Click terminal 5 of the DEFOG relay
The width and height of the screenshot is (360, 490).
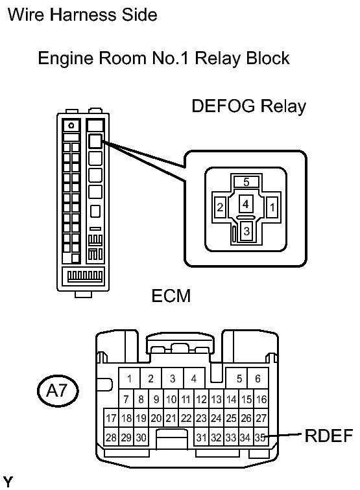(246, 181)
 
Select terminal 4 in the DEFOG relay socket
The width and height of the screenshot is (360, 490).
(246, 204)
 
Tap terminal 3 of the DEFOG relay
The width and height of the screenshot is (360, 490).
(246, 231)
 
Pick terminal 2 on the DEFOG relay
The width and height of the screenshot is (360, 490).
(220, 207)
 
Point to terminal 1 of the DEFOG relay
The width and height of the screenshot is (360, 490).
(272, 207)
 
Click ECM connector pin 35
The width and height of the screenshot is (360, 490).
(261, 437)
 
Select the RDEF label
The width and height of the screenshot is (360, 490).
(328, 436)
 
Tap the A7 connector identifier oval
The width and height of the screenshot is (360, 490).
(58, 391)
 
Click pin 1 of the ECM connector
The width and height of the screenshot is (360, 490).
(129, 379)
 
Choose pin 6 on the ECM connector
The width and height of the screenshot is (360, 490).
(258, 379)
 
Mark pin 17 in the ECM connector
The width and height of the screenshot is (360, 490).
(111, 418)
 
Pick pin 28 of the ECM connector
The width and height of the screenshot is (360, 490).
(111, 437)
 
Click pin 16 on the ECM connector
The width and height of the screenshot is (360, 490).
(261, 399)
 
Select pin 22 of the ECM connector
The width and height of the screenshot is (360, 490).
(186, 418)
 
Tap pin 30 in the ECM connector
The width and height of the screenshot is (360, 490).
(141, 437)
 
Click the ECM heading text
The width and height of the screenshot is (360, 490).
(171, 296)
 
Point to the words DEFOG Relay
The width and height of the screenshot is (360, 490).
(248, 106)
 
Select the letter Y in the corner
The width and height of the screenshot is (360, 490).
(8, 482)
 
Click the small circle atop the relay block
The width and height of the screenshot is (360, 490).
(71, 126)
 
